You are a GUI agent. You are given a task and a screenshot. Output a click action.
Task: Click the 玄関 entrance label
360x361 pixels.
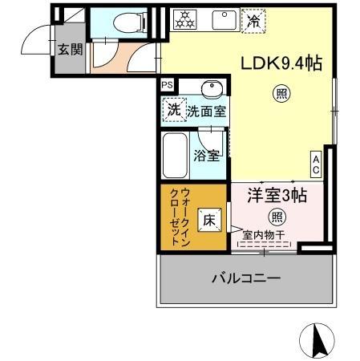point(68,50)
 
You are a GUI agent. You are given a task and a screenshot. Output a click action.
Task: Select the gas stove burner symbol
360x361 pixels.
point(184,19)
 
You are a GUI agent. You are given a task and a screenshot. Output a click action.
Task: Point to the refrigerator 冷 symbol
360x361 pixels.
point(253,20)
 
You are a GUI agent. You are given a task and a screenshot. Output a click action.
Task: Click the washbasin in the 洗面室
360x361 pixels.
point(212,88)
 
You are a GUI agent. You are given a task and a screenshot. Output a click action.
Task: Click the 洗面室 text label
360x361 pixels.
point(207,112)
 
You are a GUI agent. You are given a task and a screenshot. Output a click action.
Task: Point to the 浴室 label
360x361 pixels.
point(208,155)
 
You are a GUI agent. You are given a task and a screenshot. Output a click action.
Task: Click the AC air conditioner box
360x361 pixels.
point(316,164)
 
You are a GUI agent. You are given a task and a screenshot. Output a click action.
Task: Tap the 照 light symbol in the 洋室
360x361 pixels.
point(276,216)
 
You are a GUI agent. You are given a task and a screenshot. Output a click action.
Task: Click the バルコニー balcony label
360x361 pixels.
point(246,278)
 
